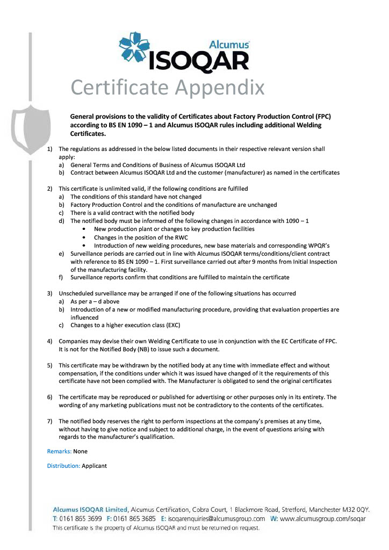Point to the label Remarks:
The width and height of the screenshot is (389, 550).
pyautogui.click(x=59, y=452)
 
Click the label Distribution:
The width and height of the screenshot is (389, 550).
pyautogui.click(x=63, y=466)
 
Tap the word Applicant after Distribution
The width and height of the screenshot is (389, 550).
pyautogui.click(x=94, y=466)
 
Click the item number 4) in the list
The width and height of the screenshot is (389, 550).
pyautogui.click(x=50, y=342)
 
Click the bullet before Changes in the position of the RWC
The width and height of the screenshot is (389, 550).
pyautogui.click(x=84, y=237)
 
